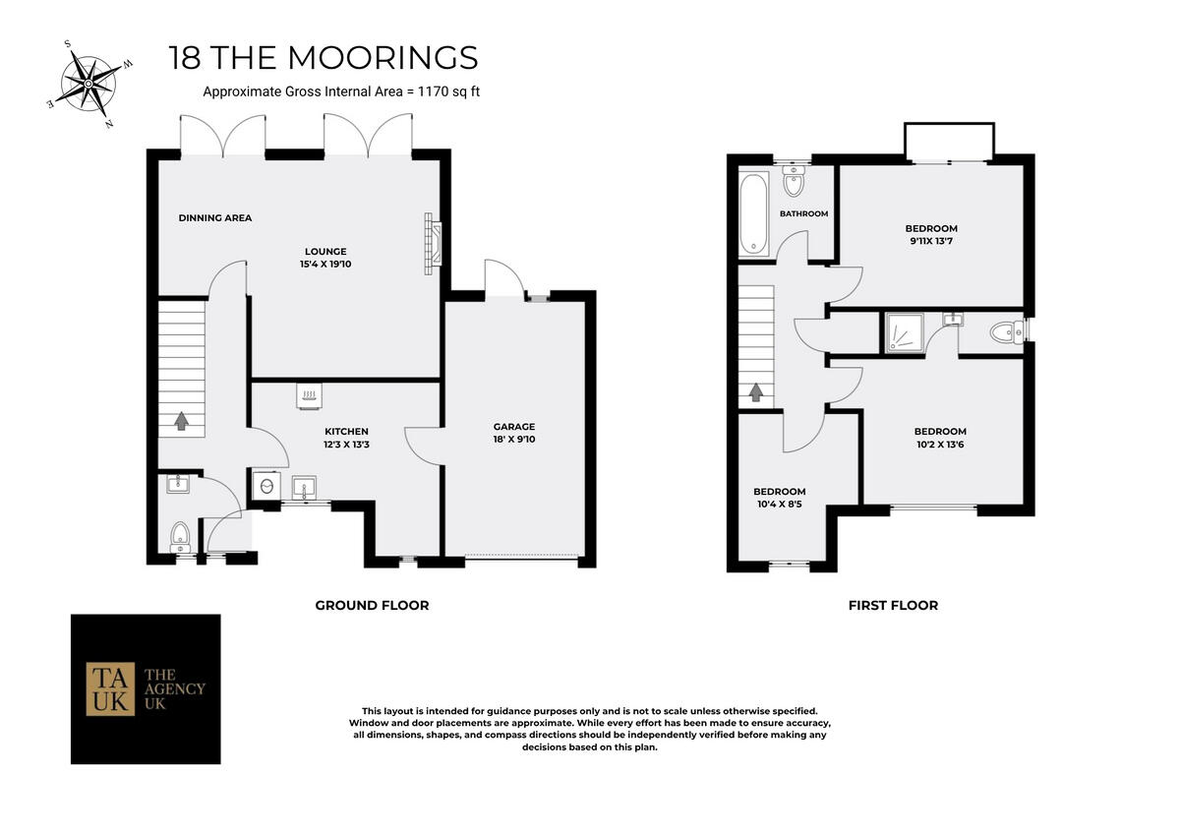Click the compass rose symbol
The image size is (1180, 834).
click(x=88, y=85)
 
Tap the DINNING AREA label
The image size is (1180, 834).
click(x=215, y=217)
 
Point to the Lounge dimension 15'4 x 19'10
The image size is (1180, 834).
click(x=325, y=265)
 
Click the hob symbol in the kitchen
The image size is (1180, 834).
click(x=309, y=395)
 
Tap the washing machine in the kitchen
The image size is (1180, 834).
click(x=265, y=486)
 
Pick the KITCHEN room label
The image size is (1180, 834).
click(x=347, y=431)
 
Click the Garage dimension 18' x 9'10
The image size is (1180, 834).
click(x=514, y=440)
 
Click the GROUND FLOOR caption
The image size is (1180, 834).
click(x=372, y=605)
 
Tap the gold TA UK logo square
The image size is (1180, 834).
click(x=110, y=688)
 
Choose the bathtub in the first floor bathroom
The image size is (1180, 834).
click(x=754, y=213)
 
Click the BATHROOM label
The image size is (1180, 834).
click(x=803, y=213)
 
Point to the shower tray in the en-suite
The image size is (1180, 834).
click(x=902, y=332)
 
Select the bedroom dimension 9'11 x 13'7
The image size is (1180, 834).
click(x=931, y=242)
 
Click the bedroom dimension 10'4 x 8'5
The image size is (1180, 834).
click(x=780, y=505)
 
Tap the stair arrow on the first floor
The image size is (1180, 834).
click(x=755, y=392)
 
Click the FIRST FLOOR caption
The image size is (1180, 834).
click(x=893, y=605)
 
